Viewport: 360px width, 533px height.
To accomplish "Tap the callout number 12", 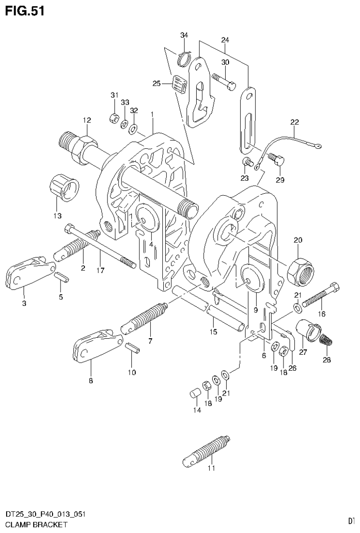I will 86,120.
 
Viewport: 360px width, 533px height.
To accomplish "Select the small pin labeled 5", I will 61,278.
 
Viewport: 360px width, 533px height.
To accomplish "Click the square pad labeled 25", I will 179,85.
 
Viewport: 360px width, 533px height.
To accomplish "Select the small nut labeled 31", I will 114,118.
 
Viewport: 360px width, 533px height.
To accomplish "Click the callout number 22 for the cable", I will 294,122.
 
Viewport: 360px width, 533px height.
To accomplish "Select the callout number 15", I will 213,332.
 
